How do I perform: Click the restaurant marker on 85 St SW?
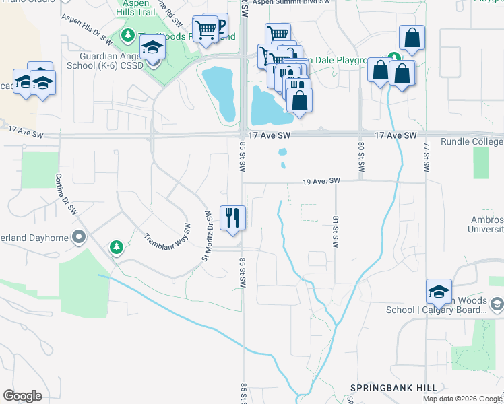click(x=232, y=218)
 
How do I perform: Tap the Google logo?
click(x=22, y=396)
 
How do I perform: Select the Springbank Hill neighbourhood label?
click(x=393, y=388)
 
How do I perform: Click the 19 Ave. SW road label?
click(x=322, y=182)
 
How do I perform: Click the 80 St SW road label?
click(x=361, y=158)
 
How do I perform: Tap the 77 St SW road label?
click(x=427, y=158)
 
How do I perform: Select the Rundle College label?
click(x=472, y=142)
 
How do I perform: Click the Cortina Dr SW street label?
click(x=67, y=195)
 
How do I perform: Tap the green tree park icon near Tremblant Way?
click(x=117, y=248)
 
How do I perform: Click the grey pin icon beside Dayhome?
click(x=80, y=236)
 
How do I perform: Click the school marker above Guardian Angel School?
click(x=153, y=48)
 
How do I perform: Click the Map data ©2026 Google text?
click(x=462, y=399)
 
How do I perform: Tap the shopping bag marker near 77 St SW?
click(x=410, y=39)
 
